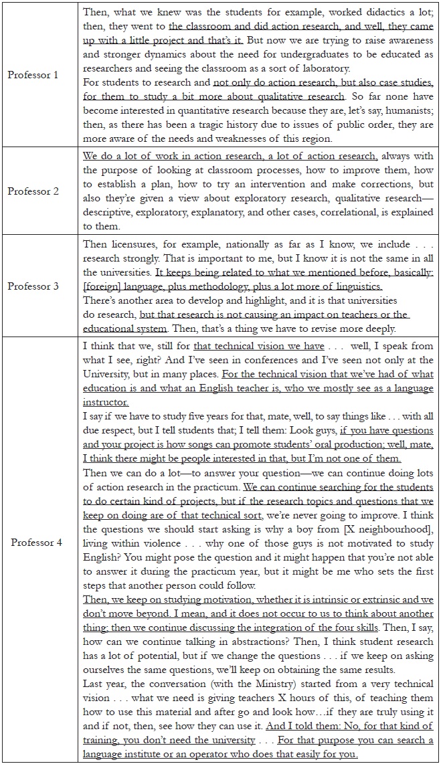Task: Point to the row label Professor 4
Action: [x=37, y=542]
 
